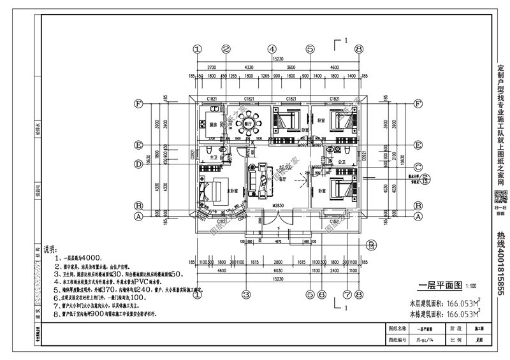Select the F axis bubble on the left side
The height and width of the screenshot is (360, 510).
point(138,103)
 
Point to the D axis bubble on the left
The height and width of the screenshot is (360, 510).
point(138,164)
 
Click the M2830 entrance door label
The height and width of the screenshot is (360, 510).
point(278,206)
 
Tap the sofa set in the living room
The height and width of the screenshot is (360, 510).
point(261,178)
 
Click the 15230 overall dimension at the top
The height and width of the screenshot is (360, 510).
point(278,58)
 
